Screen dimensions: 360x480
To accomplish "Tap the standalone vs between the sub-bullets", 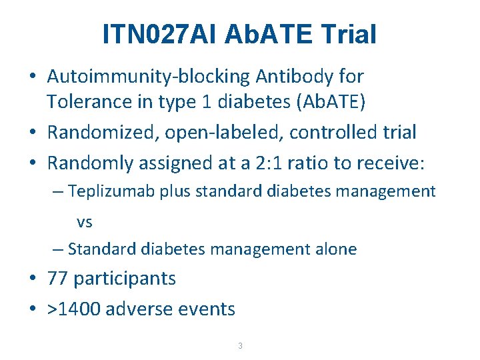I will click(85, 222).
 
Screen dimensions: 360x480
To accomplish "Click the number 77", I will click(58, 279).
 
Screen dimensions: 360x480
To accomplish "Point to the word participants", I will click(125, 279).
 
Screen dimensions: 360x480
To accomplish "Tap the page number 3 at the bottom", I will click(240, 346).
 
